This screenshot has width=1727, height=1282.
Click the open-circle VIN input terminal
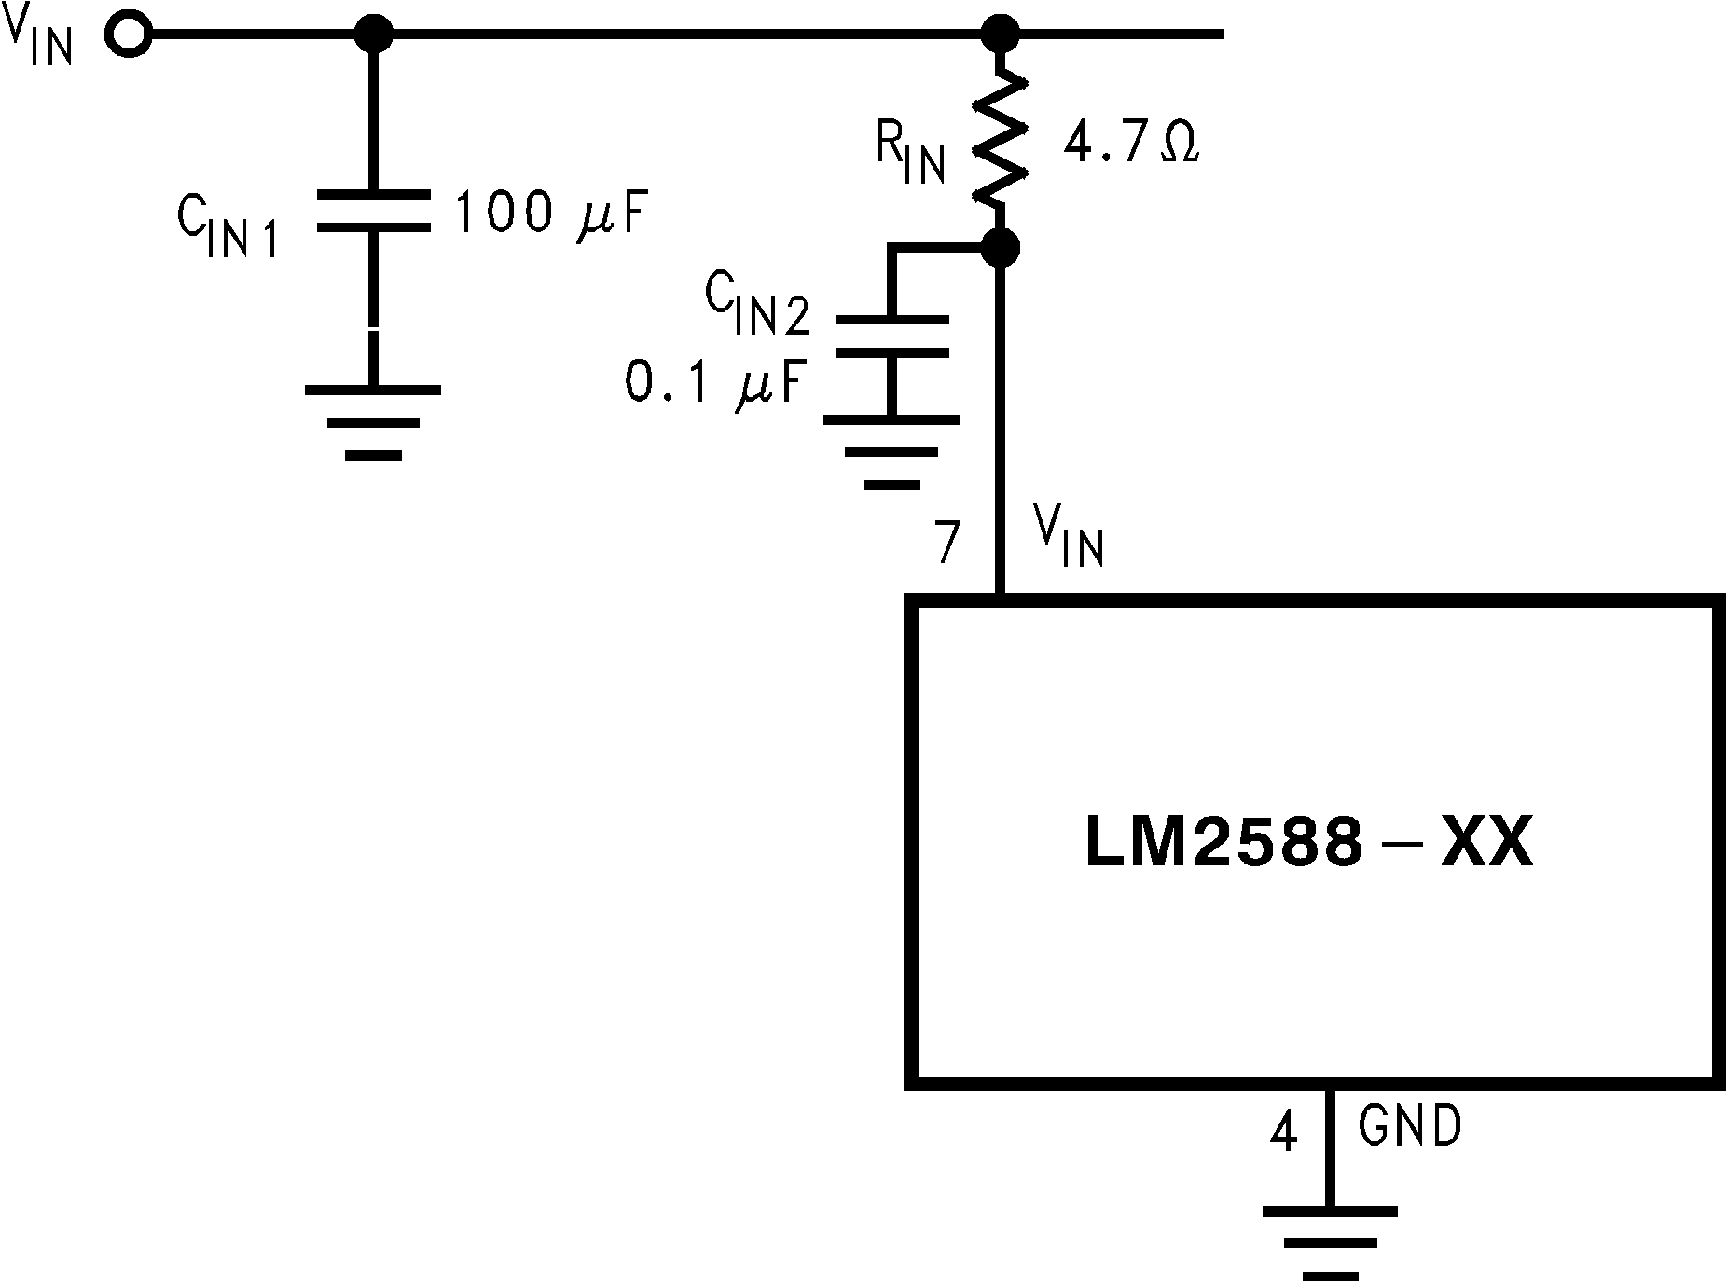pyautogui.click(x=129, y=34)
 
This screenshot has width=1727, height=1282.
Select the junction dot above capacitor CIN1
pyautogui.click(x=374, y=34)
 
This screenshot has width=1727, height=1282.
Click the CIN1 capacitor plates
pyautogui.click(x=374, y=212)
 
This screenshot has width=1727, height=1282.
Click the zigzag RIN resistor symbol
pyautogui.click(x=1002, y=140)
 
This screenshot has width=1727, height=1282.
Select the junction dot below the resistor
pyautogui.click(x=1002, y=248)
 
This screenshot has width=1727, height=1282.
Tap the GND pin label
pyautogui.click(x=1409, y=1127)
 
